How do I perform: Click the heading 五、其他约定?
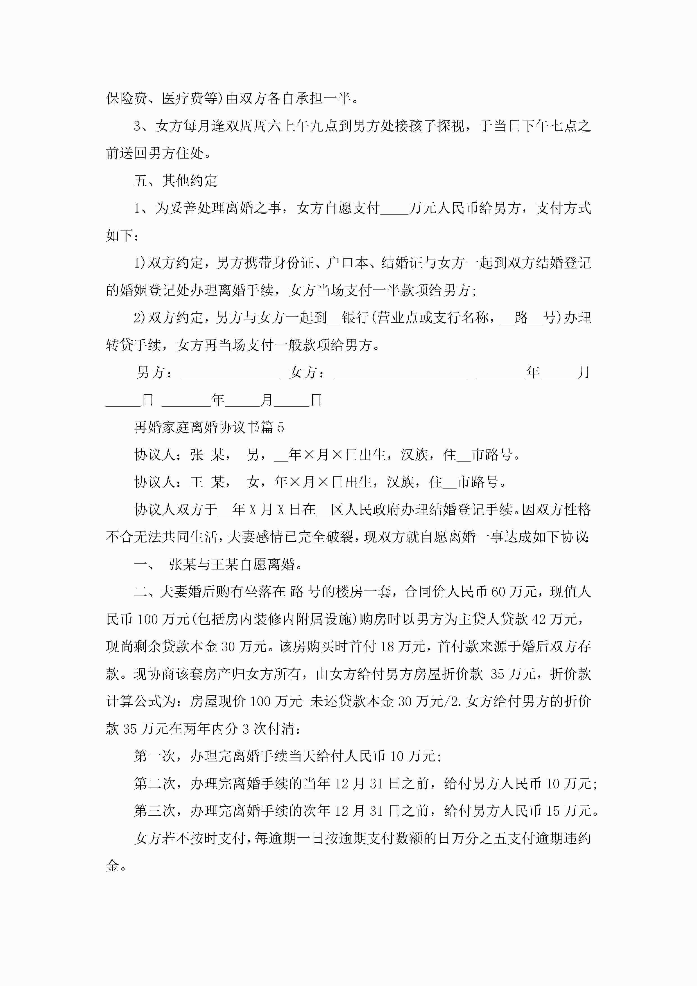click(176, 181)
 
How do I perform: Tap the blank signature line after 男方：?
click(231, 374)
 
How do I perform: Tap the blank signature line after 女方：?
click(400, 374)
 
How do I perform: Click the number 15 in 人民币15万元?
click(553, 811)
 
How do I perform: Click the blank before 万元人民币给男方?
click(394, 209)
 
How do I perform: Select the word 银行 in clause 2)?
click(356, 318)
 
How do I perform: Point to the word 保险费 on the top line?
click(127, 99)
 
